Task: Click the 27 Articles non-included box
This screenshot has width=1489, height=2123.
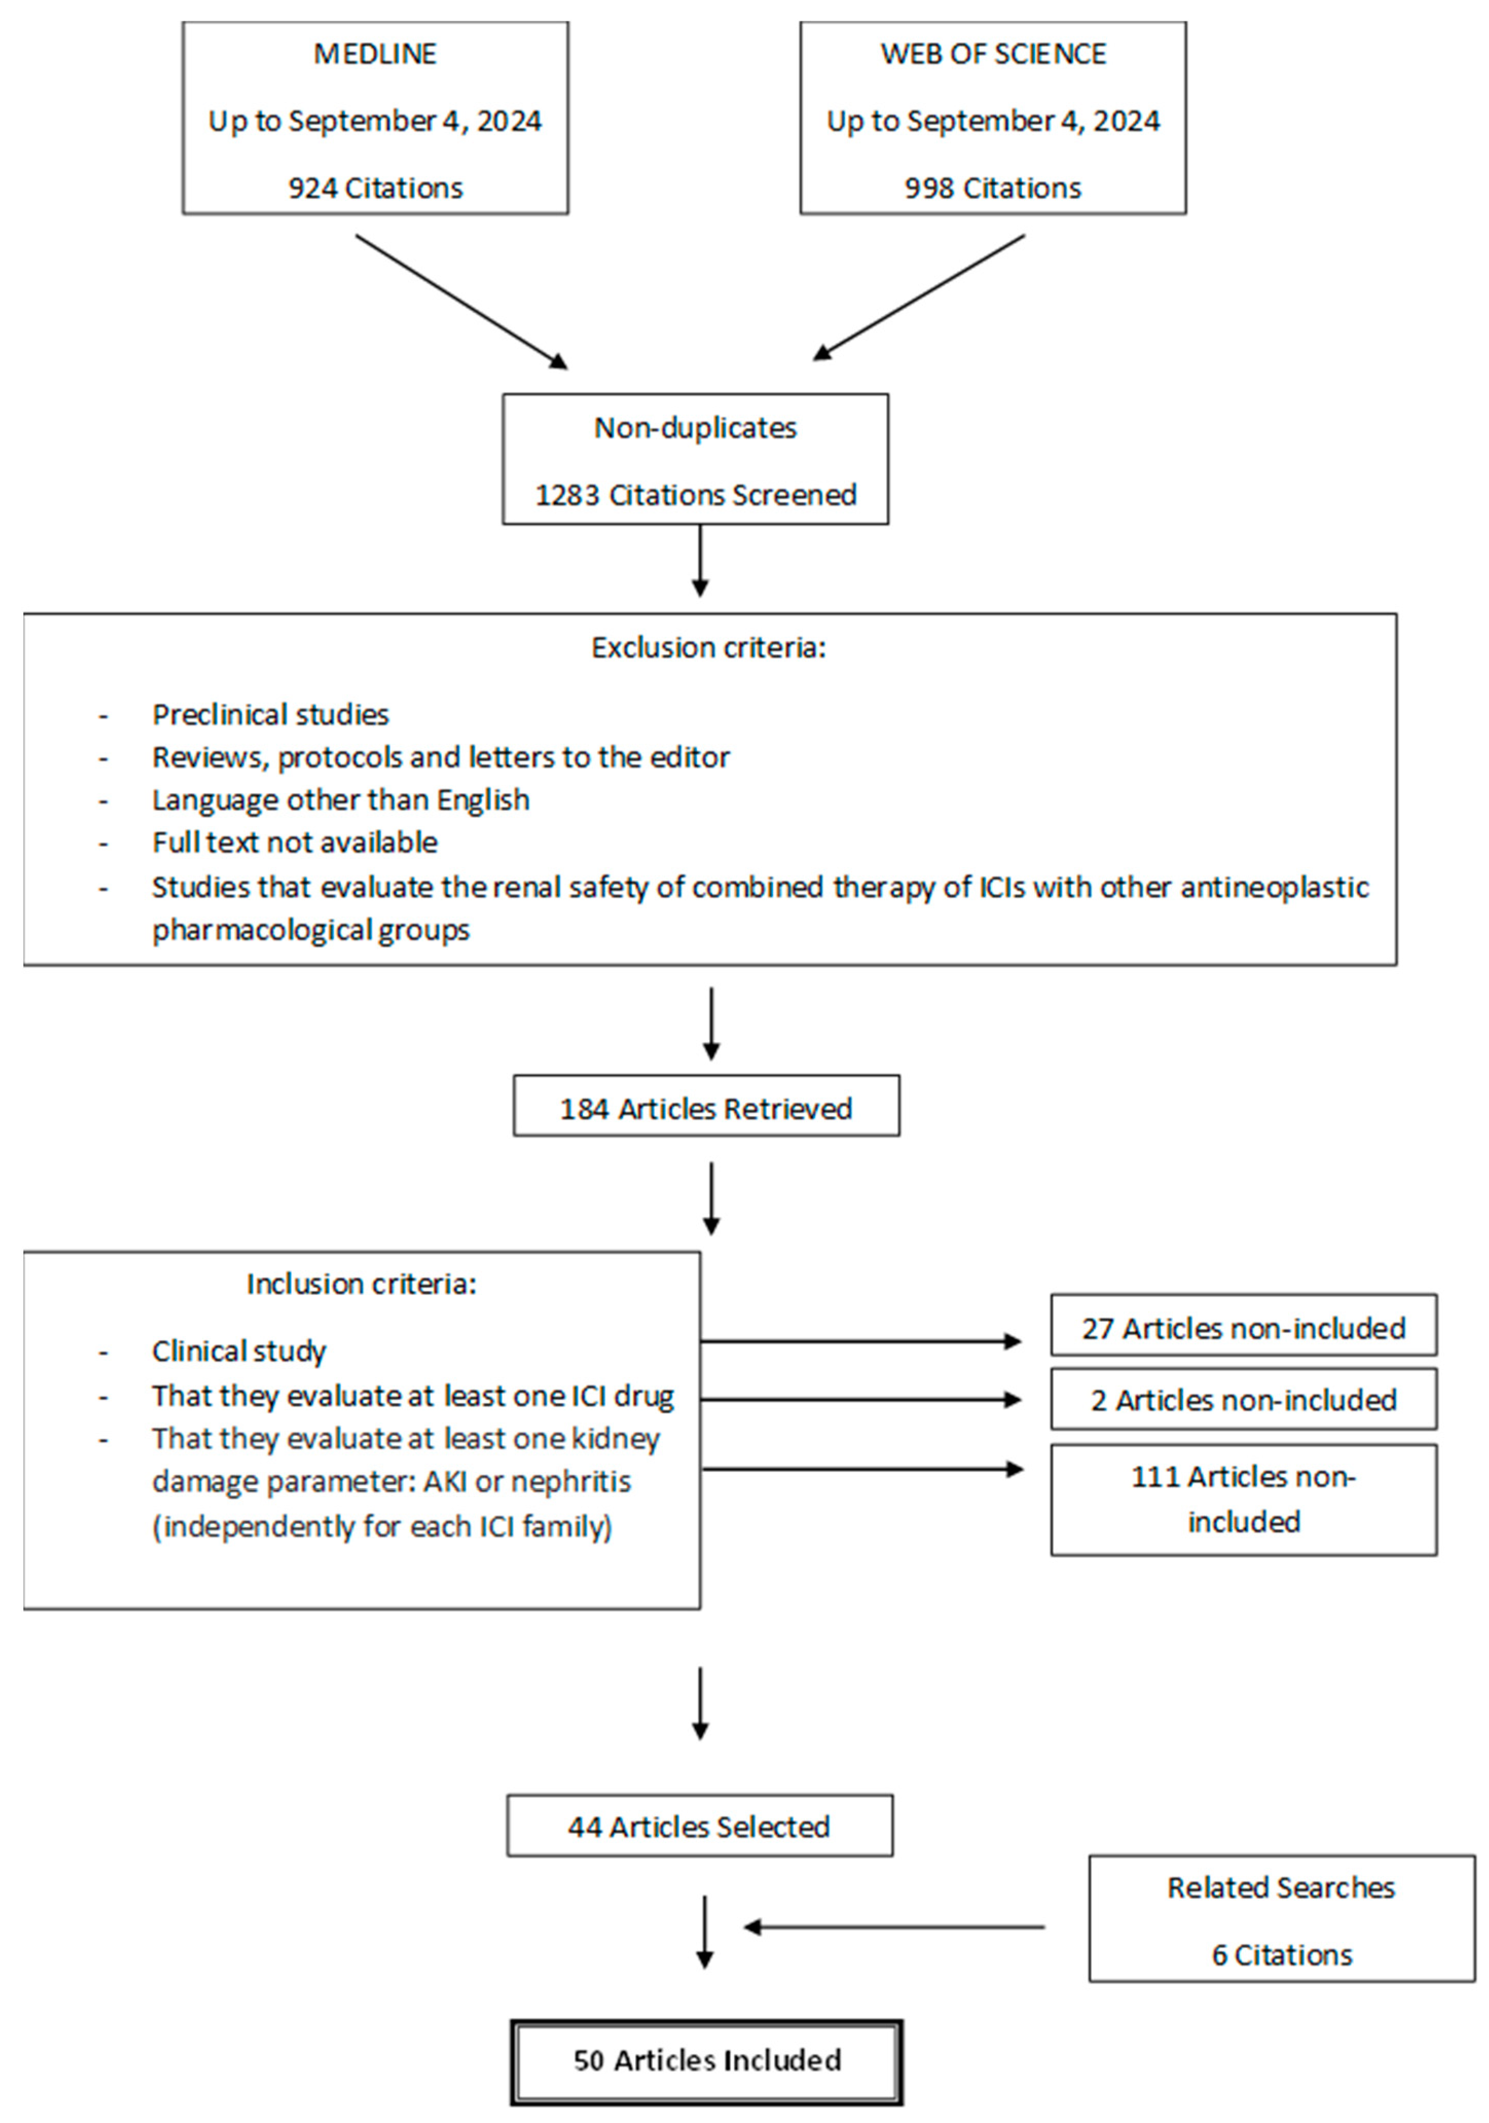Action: point(1243,1328)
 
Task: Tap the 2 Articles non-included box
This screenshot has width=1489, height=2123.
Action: point(1243,1400)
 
